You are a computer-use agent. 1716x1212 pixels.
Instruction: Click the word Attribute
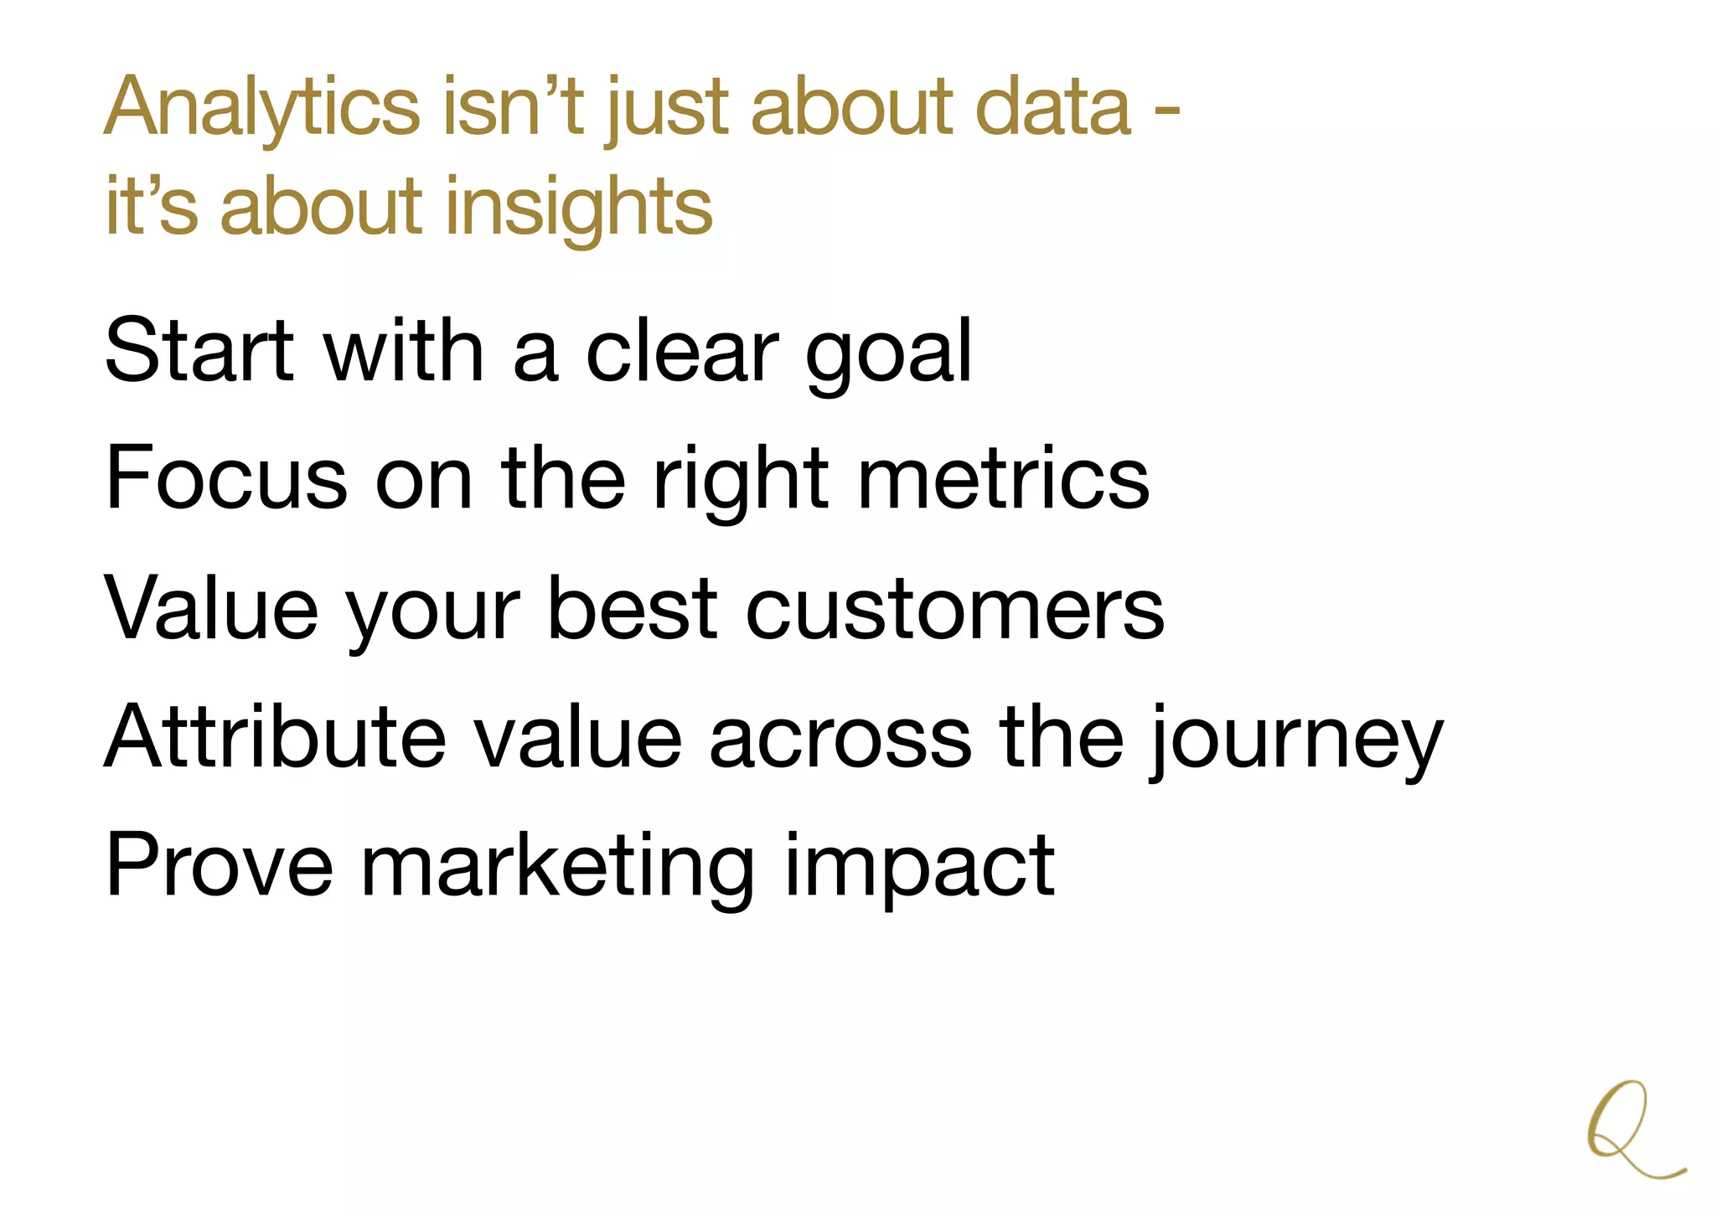click(276, 737)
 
